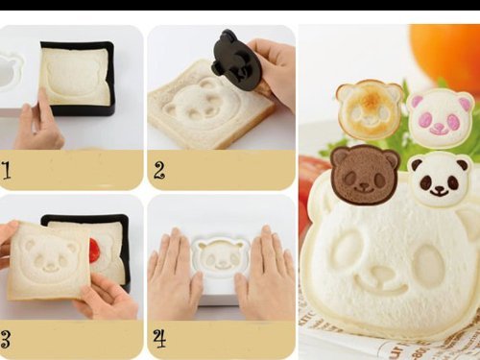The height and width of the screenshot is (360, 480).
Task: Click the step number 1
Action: (x=7, y=170)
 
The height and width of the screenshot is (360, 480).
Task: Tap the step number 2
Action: (x=159, y=170)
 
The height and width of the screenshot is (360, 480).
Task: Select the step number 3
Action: (x=6, y=339)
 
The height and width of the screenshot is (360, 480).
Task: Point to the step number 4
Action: (x=159, y=339)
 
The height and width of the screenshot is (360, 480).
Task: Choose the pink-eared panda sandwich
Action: (x=440, y=117)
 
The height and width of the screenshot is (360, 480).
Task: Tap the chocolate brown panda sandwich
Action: (x=365, y=175)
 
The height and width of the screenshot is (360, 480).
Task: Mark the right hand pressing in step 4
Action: (x=266, y=272)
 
